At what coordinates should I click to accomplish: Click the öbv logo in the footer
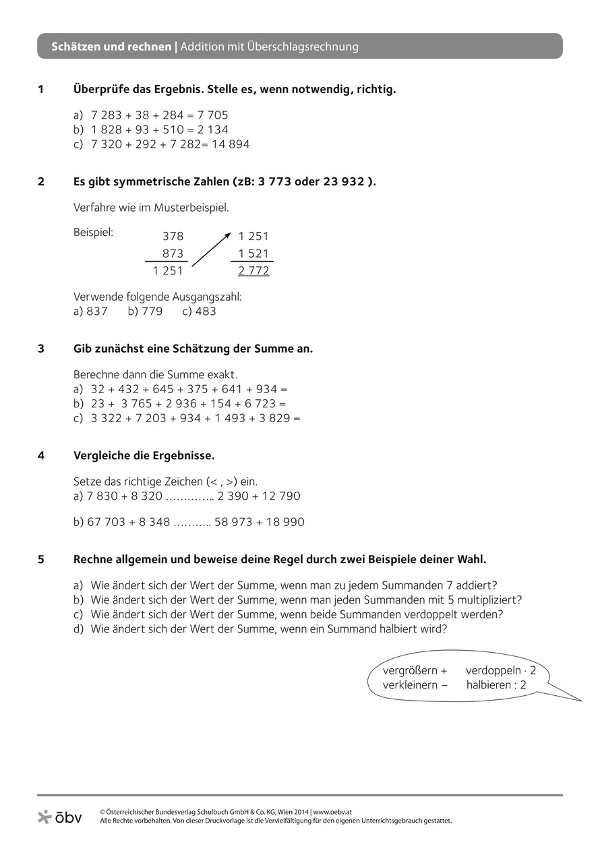[x=60, y=817]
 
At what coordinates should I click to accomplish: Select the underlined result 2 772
[x=253, y=271]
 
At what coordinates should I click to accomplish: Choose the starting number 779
[x=152, y=312]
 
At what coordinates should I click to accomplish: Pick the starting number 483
[x=206, y=312]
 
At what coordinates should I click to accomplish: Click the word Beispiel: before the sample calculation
[x=93, y=233]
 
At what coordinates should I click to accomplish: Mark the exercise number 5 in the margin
[x=41, y=560]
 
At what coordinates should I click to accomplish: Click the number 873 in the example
[x=173, y=254]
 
